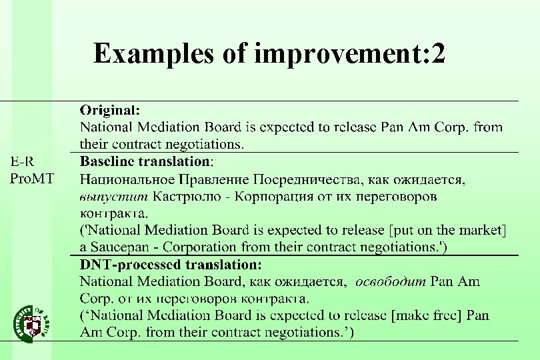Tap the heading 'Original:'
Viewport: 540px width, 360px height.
coord(110,109)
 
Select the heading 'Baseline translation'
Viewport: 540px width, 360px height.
coord(145,161)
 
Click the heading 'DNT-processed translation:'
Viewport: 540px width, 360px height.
coord(166,265)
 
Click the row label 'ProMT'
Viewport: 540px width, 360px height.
coord(32,178)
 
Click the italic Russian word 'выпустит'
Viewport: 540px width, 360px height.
coord(113,197)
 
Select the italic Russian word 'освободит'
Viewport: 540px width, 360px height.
coord(391,282)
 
